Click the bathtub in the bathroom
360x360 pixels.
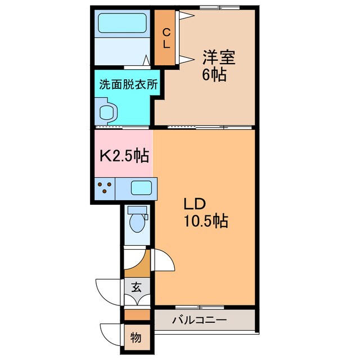[x=122, y=24]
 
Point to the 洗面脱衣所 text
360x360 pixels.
[x=128, y=85]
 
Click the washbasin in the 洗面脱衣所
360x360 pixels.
[x=107, y=111]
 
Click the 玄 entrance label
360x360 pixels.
[x=137, y=287]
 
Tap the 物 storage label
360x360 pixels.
[x=137, y=337]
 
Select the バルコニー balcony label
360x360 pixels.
[x=199, y=321]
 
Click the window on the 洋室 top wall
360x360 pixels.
[x=214, y=8]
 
